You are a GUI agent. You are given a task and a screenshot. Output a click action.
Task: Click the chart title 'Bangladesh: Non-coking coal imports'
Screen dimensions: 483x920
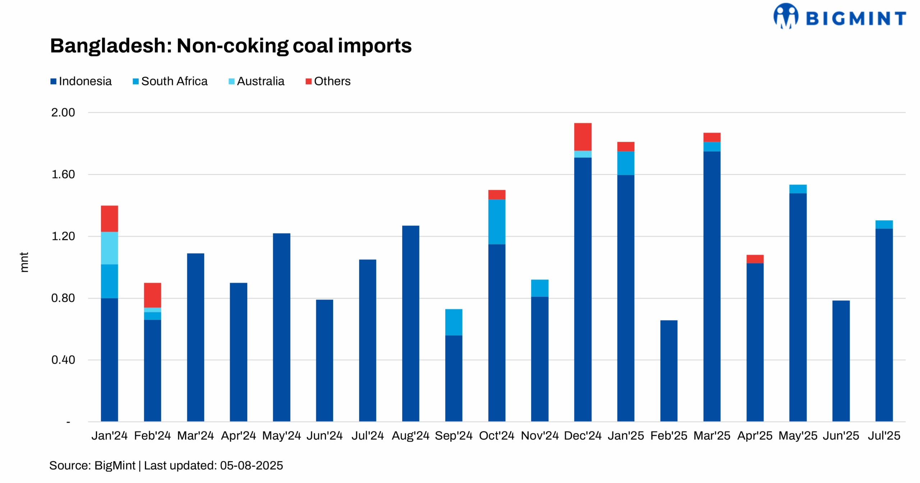(230, 46)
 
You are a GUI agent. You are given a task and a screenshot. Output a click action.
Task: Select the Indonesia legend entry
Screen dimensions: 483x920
(81, 81)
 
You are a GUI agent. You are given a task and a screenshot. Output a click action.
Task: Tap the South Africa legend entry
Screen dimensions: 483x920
(170, 81)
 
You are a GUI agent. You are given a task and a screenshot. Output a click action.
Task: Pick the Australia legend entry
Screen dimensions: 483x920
(256, 81)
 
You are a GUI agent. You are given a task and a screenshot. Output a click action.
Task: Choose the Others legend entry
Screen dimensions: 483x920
(328, 81)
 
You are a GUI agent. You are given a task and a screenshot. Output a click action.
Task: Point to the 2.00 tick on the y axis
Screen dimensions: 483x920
(63, 112)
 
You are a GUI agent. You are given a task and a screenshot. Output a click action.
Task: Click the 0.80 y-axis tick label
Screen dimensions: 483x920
(63, 298)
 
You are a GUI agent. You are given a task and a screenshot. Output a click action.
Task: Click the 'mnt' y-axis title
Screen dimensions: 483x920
(24, 262)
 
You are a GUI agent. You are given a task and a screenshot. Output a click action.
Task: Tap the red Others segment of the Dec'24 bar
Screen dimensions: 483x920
(583, 136)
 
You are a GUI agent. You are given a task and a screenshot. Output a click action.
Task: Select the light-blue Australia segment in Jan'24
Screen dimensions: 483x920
(109, 248)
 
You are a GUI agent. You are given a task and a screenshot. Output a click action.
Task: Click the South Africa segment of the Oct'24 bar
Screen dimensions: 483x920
(497, 222)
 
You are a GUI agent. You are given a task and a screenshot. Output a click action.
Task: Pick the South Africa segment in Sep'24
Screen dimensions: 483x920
(454, 322)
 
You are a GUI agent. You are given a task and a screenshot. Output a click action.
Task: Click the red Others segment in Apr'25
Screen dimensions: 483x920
(755, 259)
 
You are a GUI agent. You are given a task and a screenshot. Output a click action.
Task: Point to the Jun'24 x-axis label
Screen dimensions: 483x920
(325, 436)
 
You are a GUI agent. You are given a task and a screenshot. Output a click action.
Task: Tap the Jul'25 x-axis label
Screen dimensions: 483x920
(884, 436)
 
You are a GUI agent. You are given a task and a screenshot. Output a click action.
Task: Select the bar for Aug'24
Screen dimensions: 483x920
(410, 323)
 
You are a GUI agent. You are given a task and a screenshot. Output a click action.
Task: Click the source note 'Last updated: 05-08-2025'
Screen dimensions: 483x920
(213, 465)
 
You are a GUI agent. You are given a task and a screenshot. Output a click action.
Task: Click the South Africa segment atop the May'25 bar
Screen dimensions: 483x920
(798, 189)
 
